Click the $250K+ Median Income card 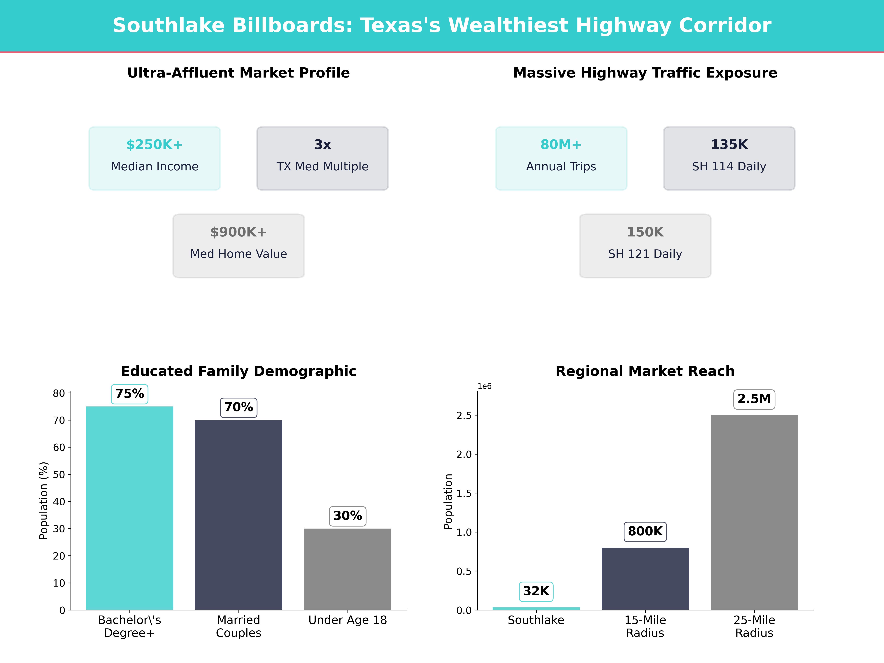tap(155, 158)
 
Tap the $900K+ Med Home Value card tap(238, 246)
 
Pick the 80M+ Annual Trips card tap(561, 158)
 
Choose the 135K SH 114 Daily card tap(729, 158)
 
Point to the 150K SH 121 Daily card tap(645, 246)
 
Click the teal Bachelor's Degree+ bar tap(129, 508)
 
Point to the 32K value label tap(536, 591)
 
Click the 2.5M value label tap(754, 399)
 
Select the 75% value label tap(129, 394)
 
